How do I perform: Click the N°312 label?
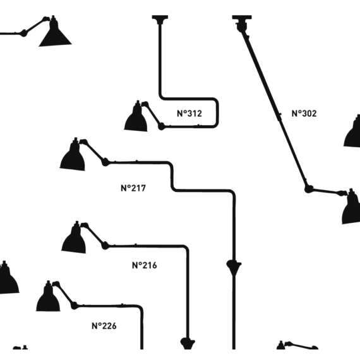pos(189,114)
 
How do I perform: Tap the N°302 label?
pos(304,114)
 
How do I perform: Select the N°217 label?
pos(133,188)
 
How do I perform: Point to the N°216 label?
pos(145,265)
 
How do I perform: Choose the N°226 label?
pos(104,326)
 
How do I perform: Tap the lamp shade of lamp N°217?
pos(73,155)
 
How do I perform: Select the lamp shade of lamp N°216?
pos(74,239)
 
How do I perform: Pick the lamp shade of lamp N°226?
pos(48,297)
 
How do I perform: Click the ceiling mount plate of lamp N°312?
pos(160,18)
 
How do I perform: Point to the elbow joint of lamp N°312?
pos(162,126)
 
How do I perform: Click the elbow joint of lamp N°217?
pos(105,162)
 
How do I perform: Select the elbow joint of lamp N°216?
pos(105,246)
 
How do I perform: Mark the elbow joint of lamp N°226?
pos(74,306)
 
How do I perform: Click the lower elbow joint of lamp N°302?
pos(308,189)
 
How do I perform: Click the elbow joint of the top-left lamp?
pos(23,33)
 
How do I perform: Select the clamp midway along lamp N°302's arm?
pos(279,117)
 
